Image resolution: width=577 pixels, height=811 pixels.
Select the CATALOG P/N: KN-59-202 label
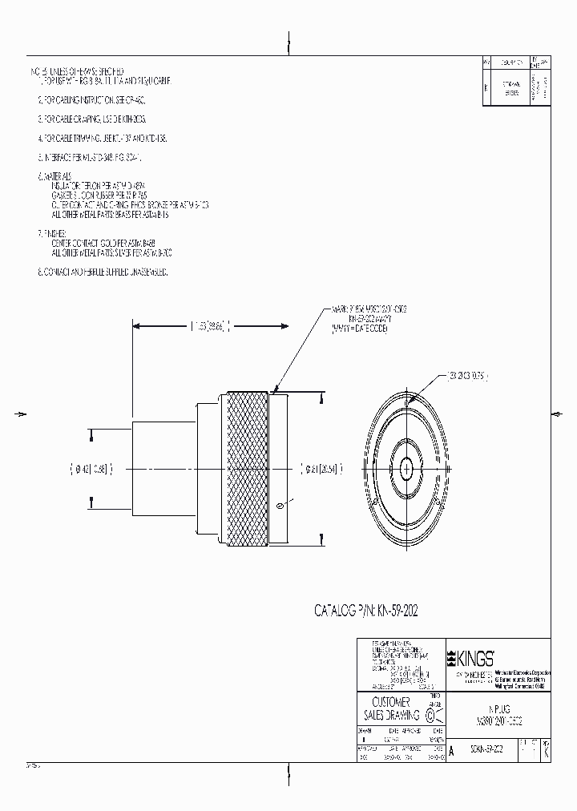click(x=365, y=611)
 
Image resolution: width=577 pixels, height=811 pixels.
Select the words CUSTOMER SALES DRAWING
click(x=391, y=708)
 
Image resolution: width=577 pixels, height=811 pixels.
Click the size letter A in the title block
click(x=452, y=751)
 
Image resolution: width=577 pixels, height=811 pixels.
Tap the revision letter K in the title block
click(x=546, y=751)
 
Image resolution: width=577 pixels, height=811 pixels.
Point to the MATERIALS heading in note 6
click(x=58, y=175)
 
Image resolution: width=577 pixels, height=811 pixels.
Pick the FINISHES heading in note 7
click(x=56, y=233)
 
